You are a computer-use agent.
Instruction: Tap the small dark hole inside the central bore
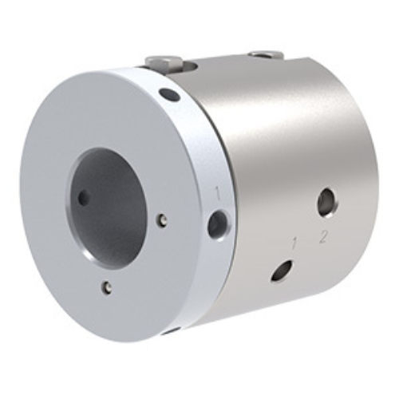click(84, 196)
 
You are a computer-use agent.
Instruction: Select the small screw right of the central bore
click(162, 219)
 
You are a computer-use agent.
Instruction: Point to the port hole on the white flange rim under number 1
click(218, 224)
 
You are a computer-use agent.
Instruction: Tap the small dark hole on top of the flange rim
click(168, 95)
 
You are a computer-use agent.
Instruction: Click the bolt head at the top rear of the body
click(267, 54)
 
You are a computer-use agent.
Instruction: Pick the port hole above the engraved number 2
click(326, 202)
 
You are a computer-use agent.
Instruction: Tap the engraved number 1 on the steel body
click(295, 241)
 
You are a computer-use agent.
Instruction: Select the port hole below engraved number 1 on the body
click(281, 271)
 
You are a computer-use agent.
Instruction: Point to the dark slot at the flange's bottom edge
click(170, 329)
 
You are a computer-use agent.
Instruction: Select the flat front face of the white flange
click(72, 271)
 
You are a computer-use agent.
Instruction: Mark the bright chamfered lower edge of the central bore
click(128, 254)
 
